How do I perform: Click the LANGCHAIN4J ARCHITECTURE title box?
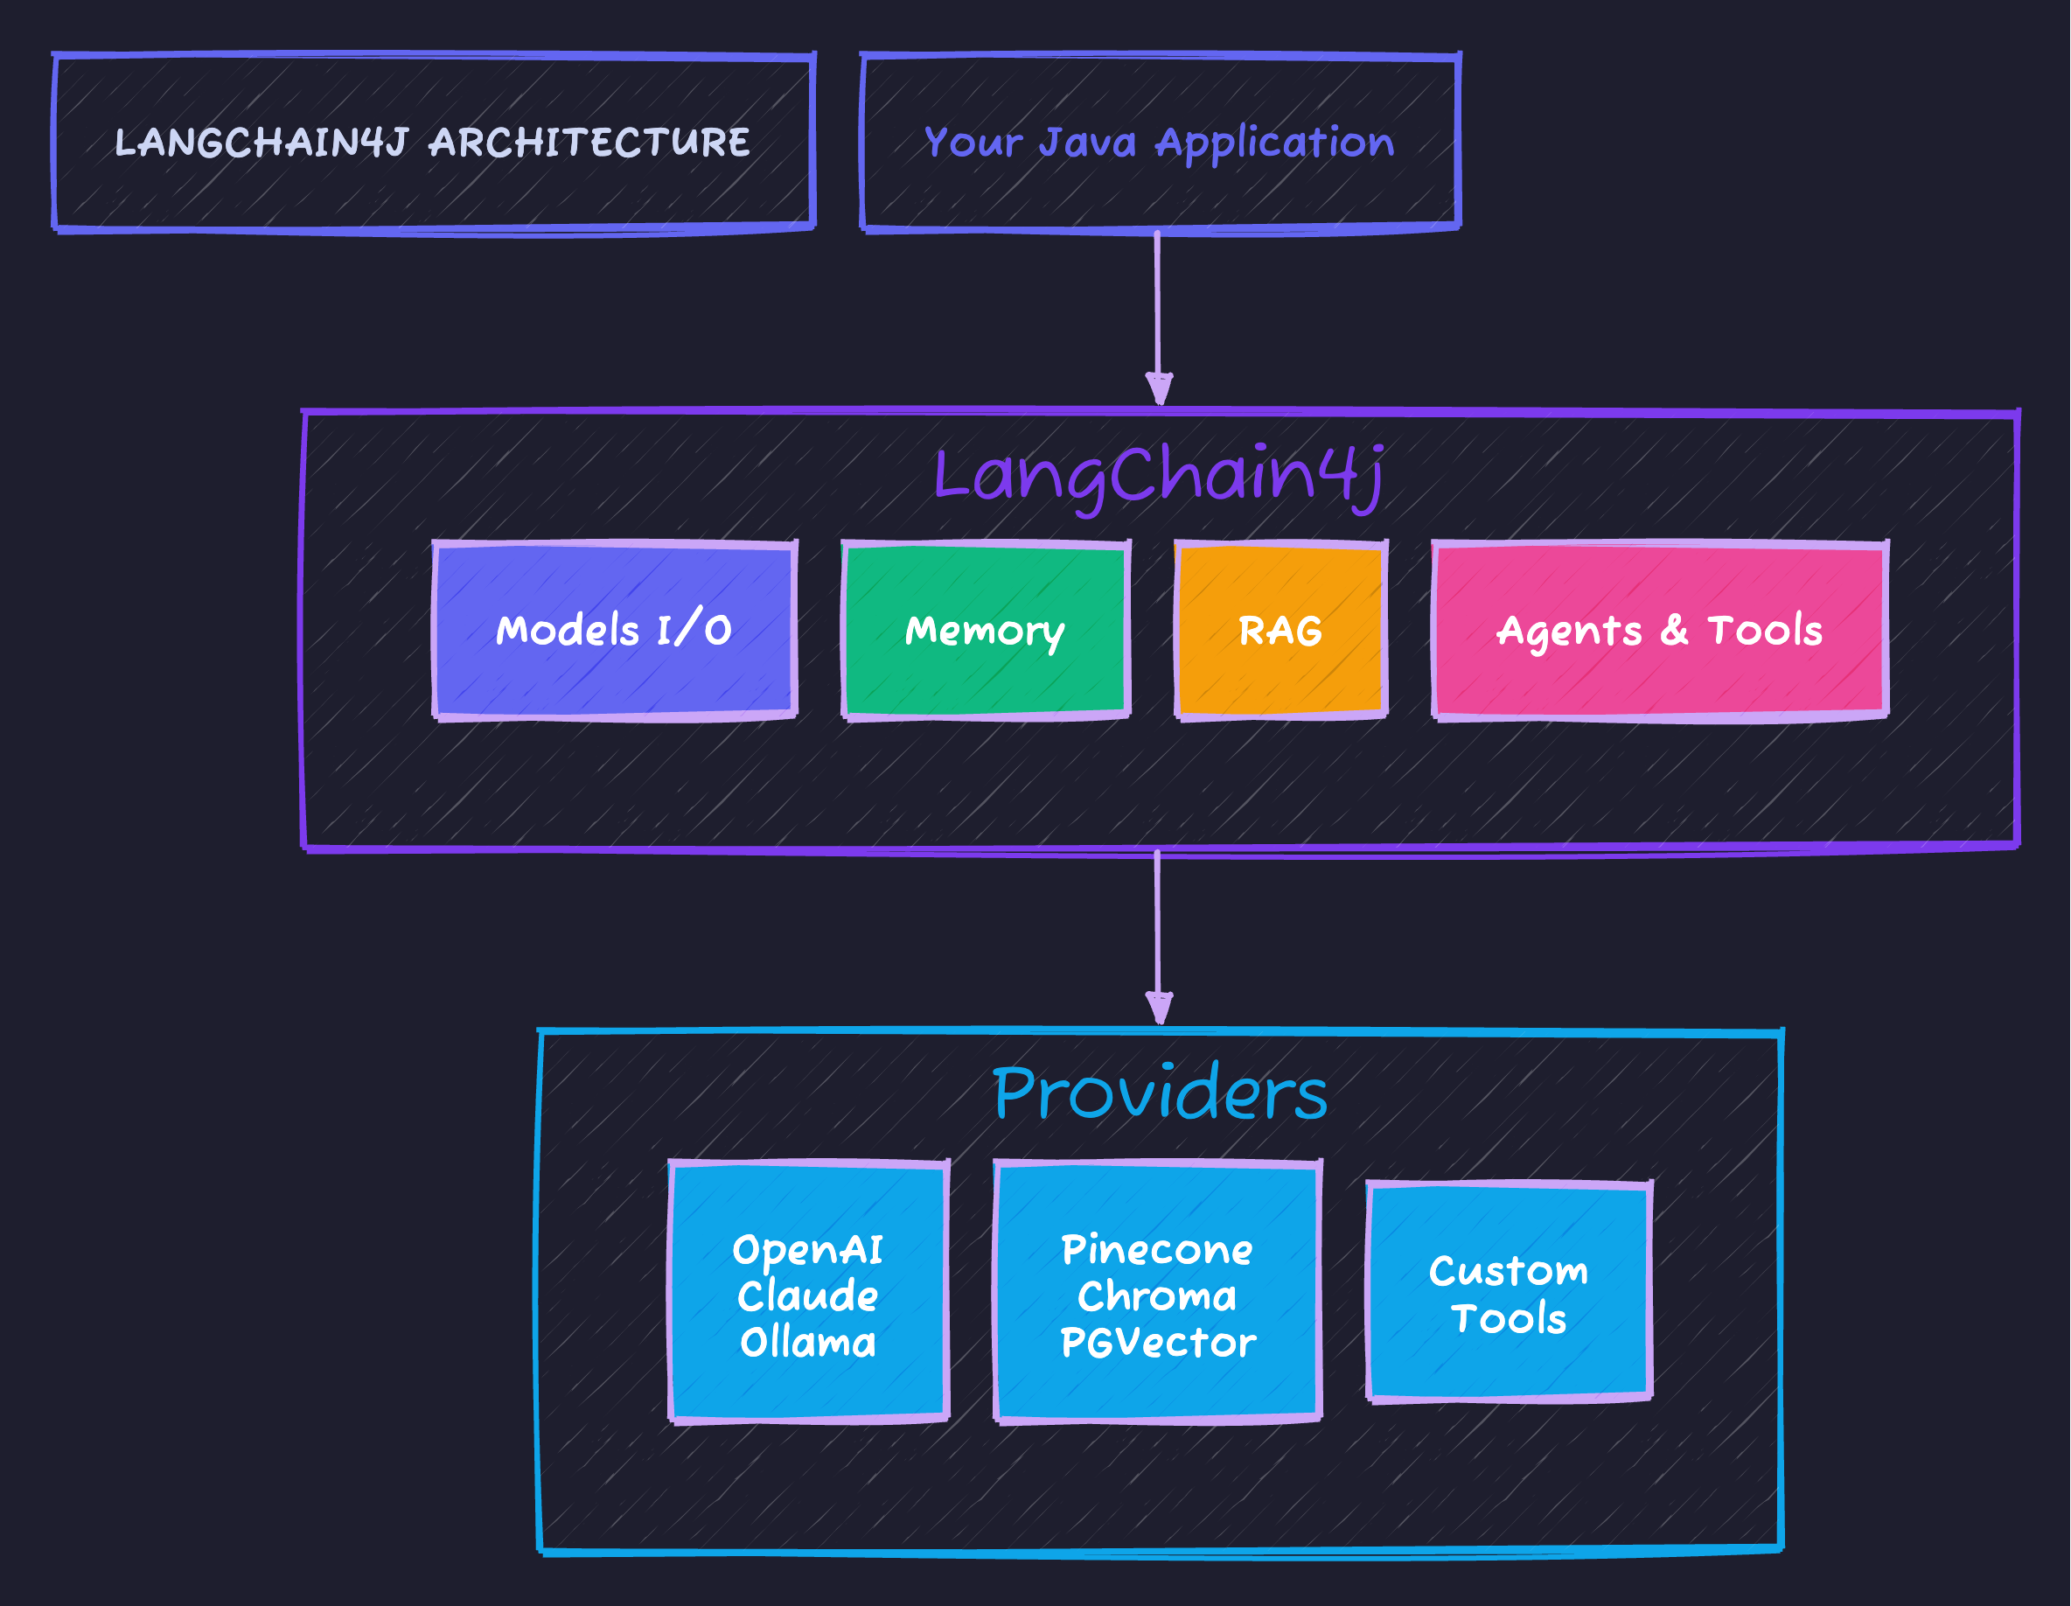tap(434, 143)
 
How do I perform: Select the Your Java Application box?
tap(1159, 143)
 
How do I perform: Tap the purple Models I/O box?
tap(615, 630)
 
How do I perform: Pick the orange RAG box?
tap(1280, 630)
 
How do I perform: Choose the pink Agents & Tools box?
tap(1659, 630)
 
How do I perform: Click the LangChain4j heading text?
tap(1159, 474)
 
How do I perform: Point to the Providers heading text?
tap(1159, 1093)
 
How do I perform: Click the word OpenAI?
tap(807, 1250)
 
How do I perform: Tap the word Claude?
tap(807, 1295)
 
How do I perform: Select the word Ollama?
tap(807, 1343)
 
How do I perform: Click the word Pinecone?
tap(1157, 1250)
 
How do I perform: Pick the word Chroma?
tap(1157, 1295)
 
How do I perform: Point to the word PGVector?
tap(1157, 1343)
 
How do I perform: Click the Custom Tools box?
tap(1509, 1293)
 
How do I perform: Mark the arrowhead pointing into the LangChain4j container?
tap(1159, 389)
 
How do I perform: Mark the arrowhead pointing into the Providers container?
tap(1159, 1008)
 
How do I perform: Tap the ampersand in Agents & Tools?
tap(1674, 630)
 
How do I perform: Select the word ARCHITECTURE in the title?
tap(589, 143)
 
